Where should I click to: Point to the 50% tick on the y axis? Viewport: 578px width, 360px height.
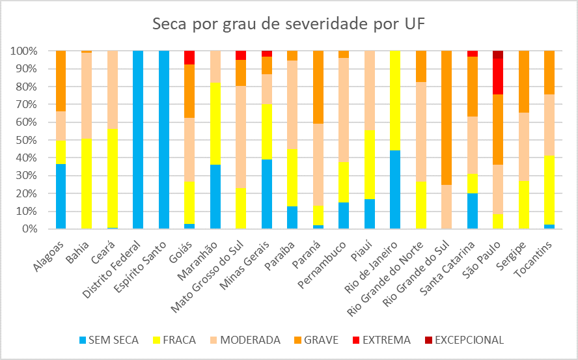23,140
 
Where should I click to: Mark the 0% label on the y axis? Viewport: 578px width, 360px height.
27,229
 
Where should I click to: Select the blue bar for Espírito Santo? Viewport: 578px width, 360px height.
163,140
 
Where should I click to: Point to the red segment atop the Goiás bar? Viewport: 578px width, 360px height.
189,57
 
